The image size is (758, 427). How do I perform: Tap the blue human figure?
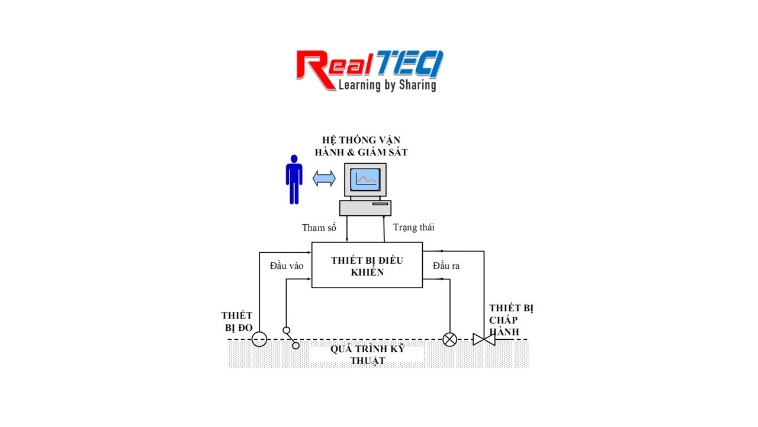click(x=294, y=179)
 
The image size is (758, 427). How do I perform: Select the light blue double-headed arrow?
click(x=324, y=179)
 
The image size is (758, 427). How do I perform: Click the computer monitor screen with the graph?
click(x=365, y=179)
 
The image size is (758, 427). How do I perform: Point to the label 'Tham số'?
click(x=319, y=228)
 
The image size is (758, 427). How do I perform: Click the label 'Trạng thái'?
click(x=414, y=227)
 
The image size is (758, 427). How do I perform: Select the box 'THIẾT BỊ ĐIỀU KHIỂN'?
click(x=367, y=265)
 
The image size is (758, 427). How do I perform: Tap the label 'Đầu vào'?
click(x=287, y=266)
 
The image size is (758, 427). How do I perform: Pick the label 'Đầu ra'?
click(x=446, y=266)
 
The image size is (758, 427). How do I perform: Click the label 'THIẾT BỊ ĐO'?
click(x=237, y=321)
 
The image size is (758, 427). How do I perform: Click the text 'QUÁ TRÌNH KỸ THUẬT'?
click(x=367, y=355)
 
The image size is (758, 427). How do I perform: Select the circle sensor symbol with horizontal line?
click(x=259, y=339)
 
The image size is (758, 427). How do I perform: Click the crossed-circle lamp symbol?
click(x=450, y=339)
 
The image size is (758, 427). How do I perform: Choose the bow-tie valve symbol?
click(x=484, y=339)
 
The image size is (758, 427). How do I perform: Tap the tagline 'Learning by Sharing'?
click(x=387, y=85)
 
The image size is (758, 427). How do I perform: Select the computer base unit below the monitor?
click(x=365, y=208)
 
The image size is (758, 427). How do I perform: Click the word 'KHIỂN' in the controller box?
click(x=367, y=272)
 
